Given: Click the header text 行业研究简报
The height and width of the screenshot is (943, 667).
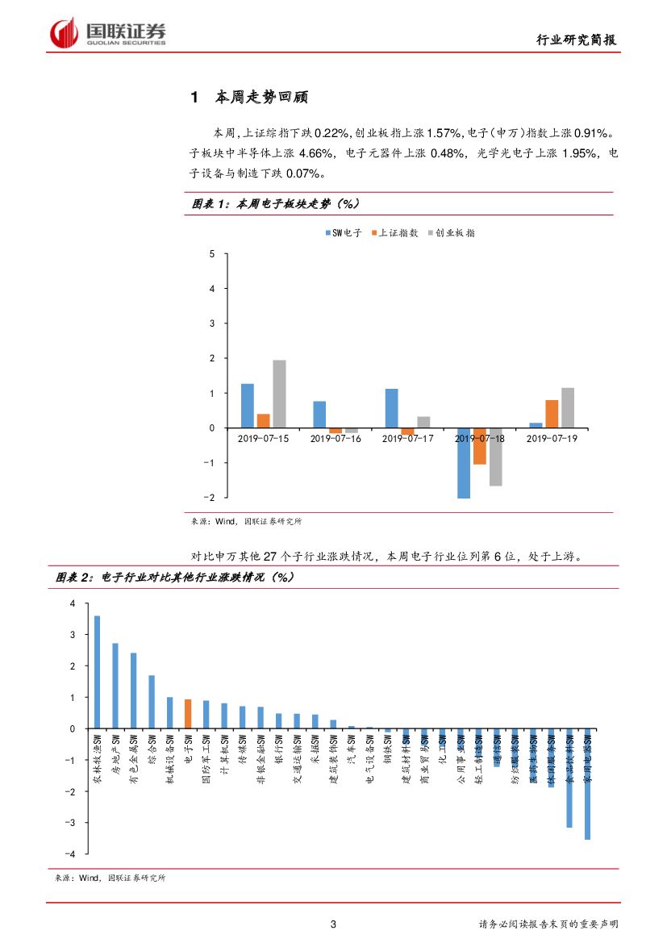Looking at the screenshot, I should coord(578,41).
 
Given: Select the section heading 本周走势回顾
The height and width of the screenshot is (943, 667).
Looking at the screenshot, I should coord(261,98).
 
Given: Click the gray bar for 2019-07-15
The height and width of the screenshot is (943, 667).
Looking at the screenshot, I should coord(279,394).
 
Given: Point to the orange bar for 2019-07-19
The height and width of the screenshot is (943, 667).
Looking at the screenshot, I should coord(552,414).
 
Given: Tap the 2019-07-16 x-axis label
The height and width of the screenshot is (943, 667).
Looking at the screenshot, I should coord(336,438).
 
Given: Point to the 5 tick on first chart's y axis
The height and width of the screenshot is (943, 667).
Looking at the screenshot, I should coord(212,254).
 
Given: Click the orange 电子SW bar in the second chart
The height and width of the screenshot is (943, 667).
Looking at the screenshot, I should coord(188,714).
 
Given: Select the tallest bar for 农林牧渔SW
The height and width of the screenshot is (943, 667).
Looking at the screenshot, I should coord(97,672).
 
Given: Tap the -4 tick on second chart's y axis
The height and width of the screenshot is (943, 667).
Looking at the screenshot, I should coord(72,853).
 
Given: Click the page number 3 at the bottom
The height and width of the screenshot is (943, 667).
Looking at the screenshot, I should coord(333,924).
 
